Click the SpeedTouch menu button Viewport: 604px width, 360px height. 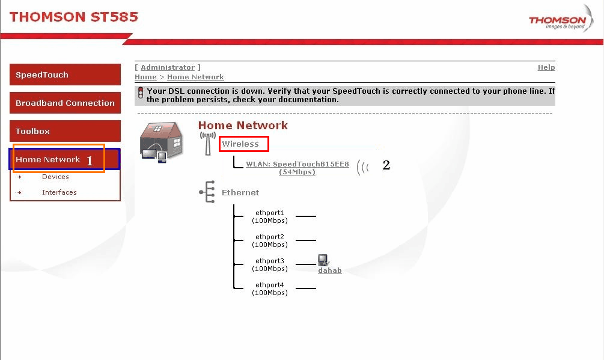(65, 75)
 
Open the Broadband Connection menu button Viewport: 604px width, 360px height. (65, 103)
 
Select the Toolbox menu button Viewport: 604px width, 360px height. (65, 131)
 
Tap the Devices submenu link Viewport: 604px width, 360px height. (55, 177)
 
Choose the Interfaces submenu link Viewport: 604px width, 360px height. (59, 192)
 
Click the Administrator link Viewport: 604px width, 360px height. (168, 67)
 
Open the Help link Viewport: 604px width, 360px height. (546, 67)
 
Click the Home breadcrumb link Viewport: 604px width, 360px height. (145, 77)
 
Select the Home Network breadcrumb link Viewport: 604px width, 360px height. (195, 77)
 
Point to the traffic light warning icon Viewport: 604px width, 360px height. (141, 93)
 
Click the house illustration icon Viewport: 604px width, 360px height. (161, 141)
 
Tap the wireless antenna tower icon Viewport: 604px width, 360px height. (207, 144)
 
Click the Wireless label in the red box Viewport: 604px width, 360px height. (240, 144)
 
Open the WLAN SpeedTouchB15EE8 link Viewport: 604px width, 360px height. (297, 168)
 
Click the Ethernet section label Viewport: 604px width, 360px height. (240, 192)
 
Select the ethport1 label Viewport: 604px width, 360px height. (270, 216)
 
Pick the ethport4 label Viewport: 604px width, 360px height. (270, 288)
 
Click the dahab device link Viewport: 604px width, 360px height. (330, 270)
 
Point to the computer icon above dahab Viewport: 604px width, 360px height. (323, 260)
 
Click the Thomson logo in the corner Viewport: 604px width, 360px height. (561, 19)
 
